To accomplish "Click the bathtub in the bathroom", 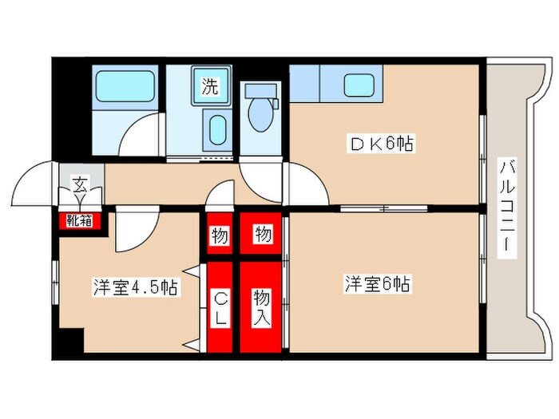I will (125, 85).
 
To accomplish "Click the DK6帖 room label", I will (382, 144).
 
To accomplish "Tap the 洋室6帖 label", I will (378, 283).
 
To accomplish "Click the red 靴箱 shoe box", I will (78, 218).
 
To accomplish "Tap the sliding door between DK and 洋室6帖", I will (383, 209).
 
